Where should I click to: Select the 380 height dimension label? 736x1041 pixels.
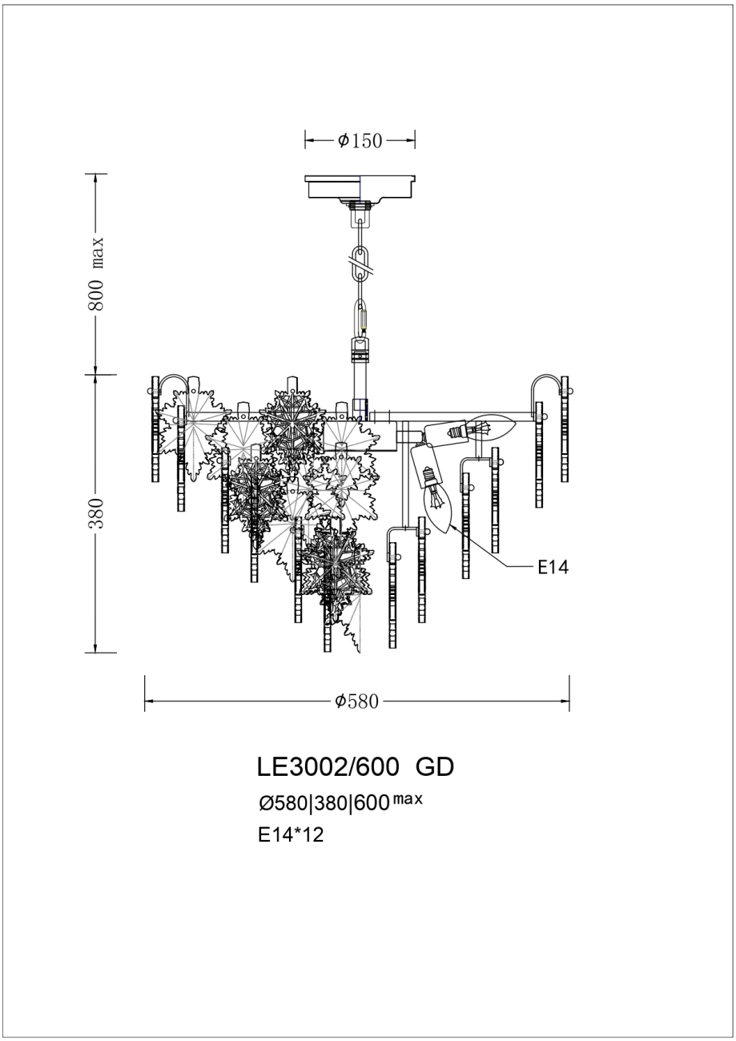click(96, 513)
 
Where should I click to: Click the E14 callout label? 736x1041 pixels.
click(552, 568)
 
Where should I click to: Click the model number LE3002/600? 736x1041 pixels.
click(328, 767)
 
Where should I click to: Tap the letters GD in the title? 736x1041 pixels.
click(435, 767)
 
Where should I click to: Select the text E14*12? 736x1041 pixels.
click(290, 835)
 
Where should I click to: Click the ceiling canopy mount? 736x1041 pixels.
click(360, 187)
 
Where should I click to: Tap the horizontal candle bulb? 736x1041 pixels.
click(489, 428)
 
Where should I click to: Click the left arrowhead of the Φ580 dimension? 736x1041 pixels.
click(148, 702)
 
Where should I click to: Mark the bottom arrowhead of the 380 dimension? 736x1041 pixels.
click(96, 648)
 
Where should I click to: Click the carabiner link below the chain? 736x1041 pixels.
click(361, 316)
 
